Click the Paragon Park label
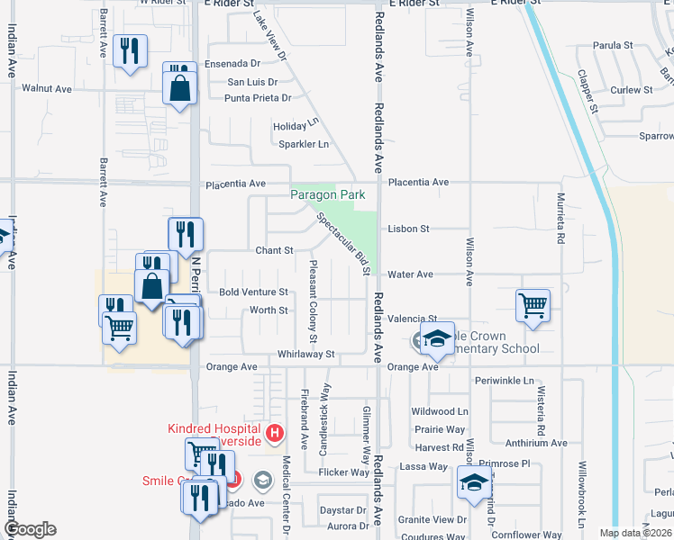[x=326, y=194]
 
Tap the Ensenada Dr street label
[x=232, y=64]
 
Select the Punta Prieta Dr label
[x=258, y=98]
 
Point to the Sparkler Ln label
[x=303, y=144]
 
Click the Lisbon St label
[x=408, y=229]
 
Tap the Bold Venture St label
[x=253, y=292]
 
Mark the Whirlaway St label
[x=306, y=355]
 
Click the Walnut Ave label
[x=47, y=89]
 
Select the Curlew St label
[x=631, y=91]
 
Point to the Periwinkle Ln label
[x=505, y=382]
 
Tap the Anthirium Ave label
[x=535, y=443]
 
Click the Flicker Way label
[x=344, y=472]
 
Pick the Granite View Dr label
[x=433, y=520]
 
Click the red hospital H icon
[x=278, y=434]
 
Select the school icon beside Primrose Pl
[x=474, y=482]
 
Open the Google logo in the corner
[x=30, y=529]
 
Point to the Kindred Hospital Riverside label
[x=214, y=435]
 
